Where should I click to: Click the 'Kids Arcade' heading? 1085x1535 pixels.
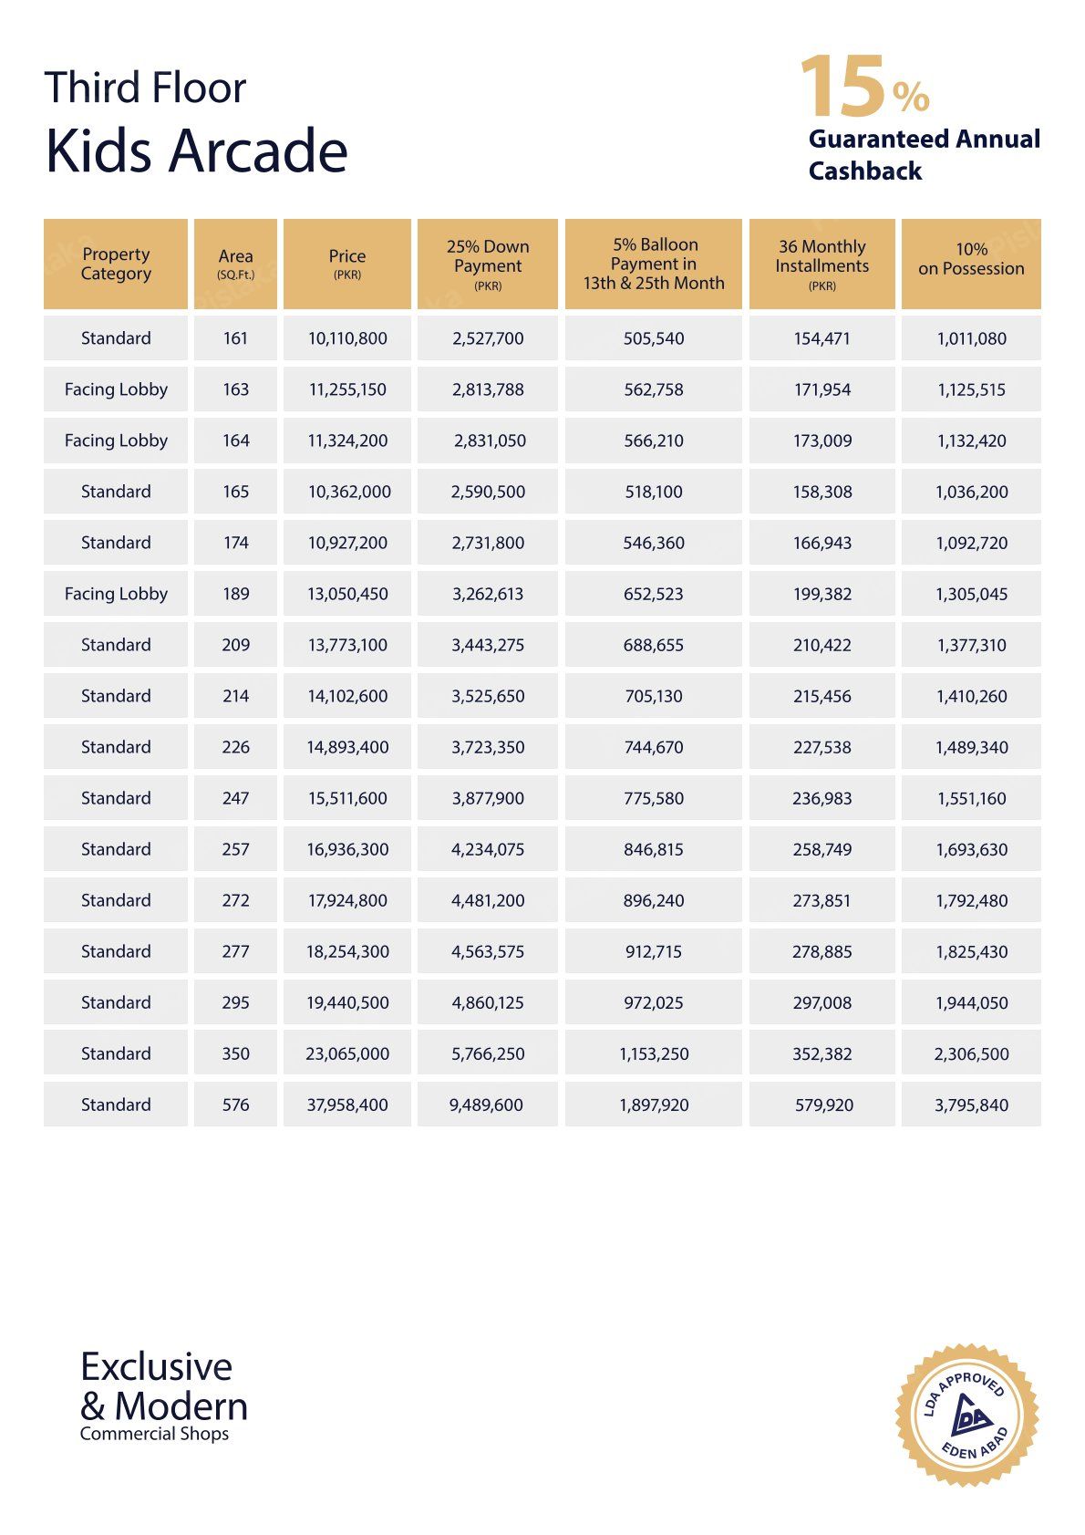pos(196,150)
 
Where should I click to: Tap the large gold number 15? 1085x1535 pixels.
pos(842,88)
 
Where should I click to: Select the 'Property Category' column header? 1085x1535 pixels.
pos(116,264)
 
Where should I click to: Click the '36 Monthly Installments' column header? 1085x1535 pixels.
pos(821,264)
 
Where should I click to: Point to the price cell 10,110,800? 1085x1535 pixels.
pos(347,338)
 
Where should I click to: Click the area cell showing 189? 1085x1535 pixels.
pos(235,594)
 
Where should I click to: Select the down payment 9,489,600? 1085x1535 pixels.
pos(486,1105)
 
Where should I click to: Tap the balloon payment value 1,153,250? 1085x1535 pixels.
pos(654,1053)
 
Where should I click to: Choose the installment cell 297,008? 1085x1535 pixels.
pos(821,1002)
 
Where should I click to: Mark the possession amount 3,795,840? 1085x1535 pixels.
pos(971,1105)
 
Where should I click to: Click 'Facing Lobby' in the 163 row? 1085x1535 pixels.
pos(116,389)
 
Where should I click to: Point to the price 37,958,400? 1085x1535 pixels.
pos(347,1105)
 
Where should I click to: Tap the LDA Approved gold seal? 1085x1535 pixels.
pos(967,1415)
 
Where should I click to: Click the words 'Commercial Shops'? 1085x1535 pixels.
pos(154,1434)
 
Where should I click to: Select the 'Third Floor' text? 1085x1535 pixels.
pos(145,88)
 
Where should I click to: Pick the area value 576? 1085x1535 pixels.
pos(235,1105)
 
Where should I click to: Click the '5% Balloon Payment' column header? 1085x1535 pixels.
pos(654,264)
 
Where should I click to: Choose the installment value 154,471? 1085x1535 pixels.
pos(821,338)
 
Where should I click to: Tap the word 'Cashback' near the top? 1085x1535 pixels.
pos(865,171)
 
